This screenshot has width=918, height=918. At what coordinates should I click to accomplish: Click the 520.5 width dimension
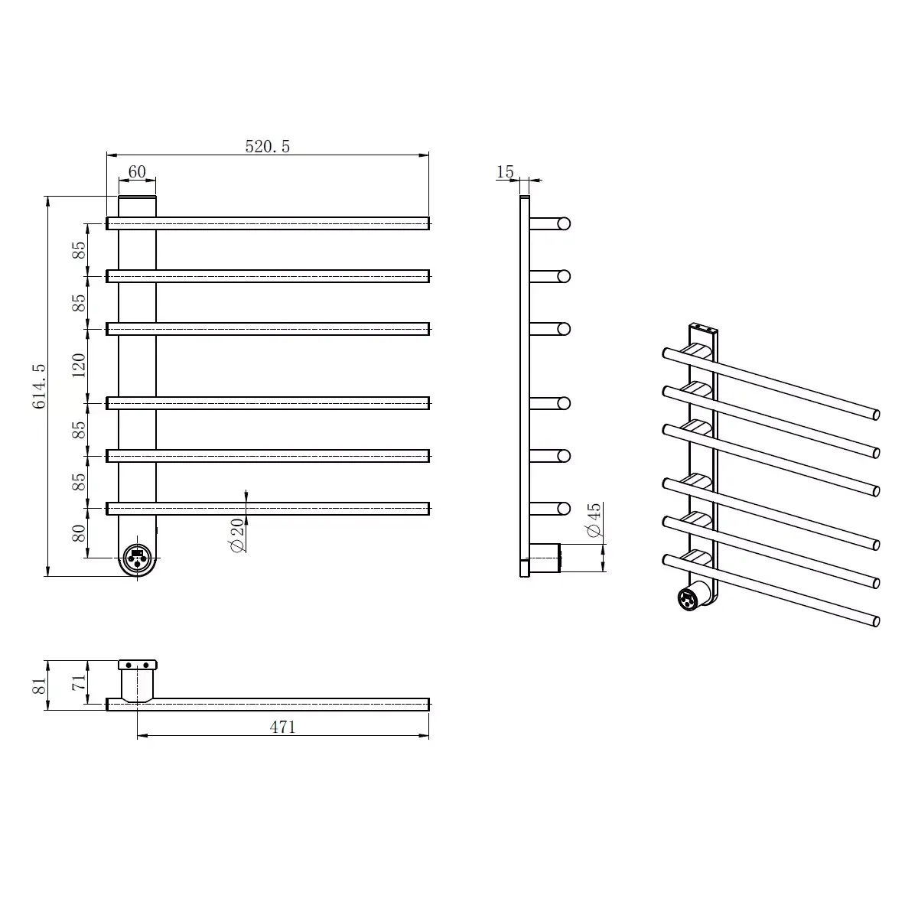[x=267, y=146]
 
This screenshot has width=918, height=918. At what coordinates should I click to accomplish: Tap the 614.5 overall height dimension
[x=39, y=386]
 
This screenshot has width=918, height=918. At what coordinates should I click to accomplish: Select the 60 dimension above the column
[x=137, y=171]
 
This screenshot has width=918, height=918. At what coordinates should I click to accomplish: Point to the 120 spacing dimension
[x=79, y=366]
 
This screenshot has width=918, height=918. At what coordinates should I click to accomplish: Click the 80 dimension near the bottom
[x=79, y=533]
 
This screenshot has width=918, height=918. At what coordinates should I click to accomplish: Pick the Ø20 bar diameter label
[x=237, y=535]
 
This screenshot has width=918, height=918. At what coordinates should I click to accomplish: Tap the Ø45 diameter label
[x=594, y=520]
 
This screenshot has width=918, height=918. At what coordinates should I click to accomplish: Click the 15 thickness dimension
[x=505, y=171]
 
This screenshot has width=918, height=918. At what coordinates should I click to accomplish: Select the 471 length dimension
[x=282, y=727]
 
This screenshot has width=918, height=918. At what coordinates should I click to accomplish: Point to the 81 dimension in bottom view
[x=39, y=685]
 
